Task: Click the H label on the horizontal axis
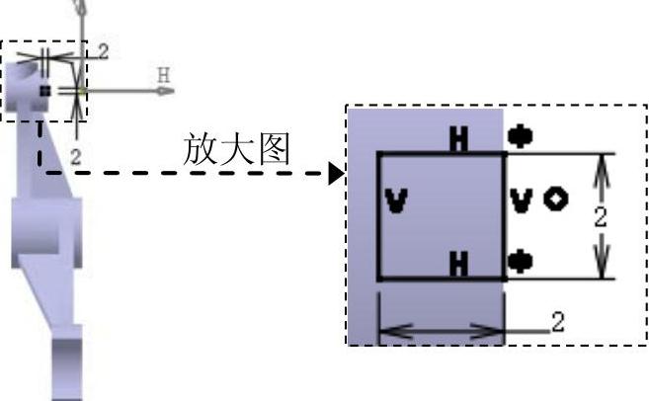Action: click(x=164, y=74)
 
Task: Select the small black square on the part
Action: click(x=44, y=90)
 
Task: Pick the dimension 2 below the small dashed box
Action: click(x=75, y=155)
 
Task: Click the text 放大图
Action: click(x=236, y=149)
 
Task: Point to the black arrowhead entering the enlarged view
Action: click(x=337, y=175)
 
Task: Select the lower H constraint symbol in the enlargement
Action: click(x=458, y=264)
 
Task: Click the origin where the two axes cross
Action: click(x=80, y=91)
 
